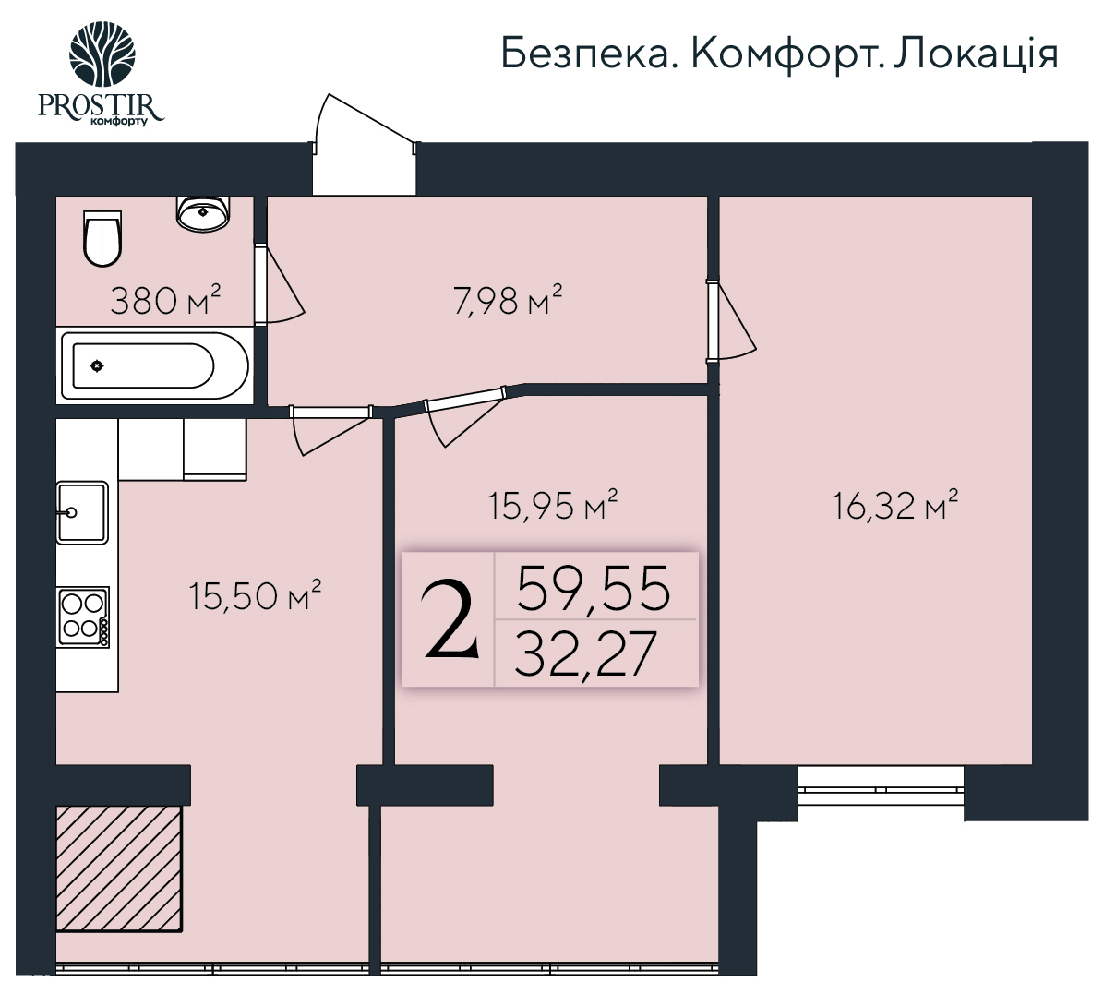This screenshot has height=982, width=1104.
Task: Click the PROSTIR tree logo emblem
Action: click(102, 54)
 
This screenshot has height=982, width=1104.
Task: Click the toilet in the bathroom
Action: click(102, 237)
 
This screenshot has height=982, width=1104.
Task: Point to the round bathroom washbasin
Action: click(202, 213)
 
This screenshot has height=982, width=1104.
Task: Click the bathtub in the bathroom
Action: click(154, 365)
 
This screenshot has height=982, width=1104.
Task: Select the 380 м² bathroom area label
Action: click(165, 300)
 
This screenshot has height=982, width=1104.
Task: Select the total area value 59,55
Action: click(593, 588)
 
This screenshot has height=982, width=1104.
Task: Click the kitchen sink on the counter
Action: click(81, 511)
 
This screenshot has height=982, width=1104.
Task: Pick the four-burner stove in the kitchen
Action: click(84, 617)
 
